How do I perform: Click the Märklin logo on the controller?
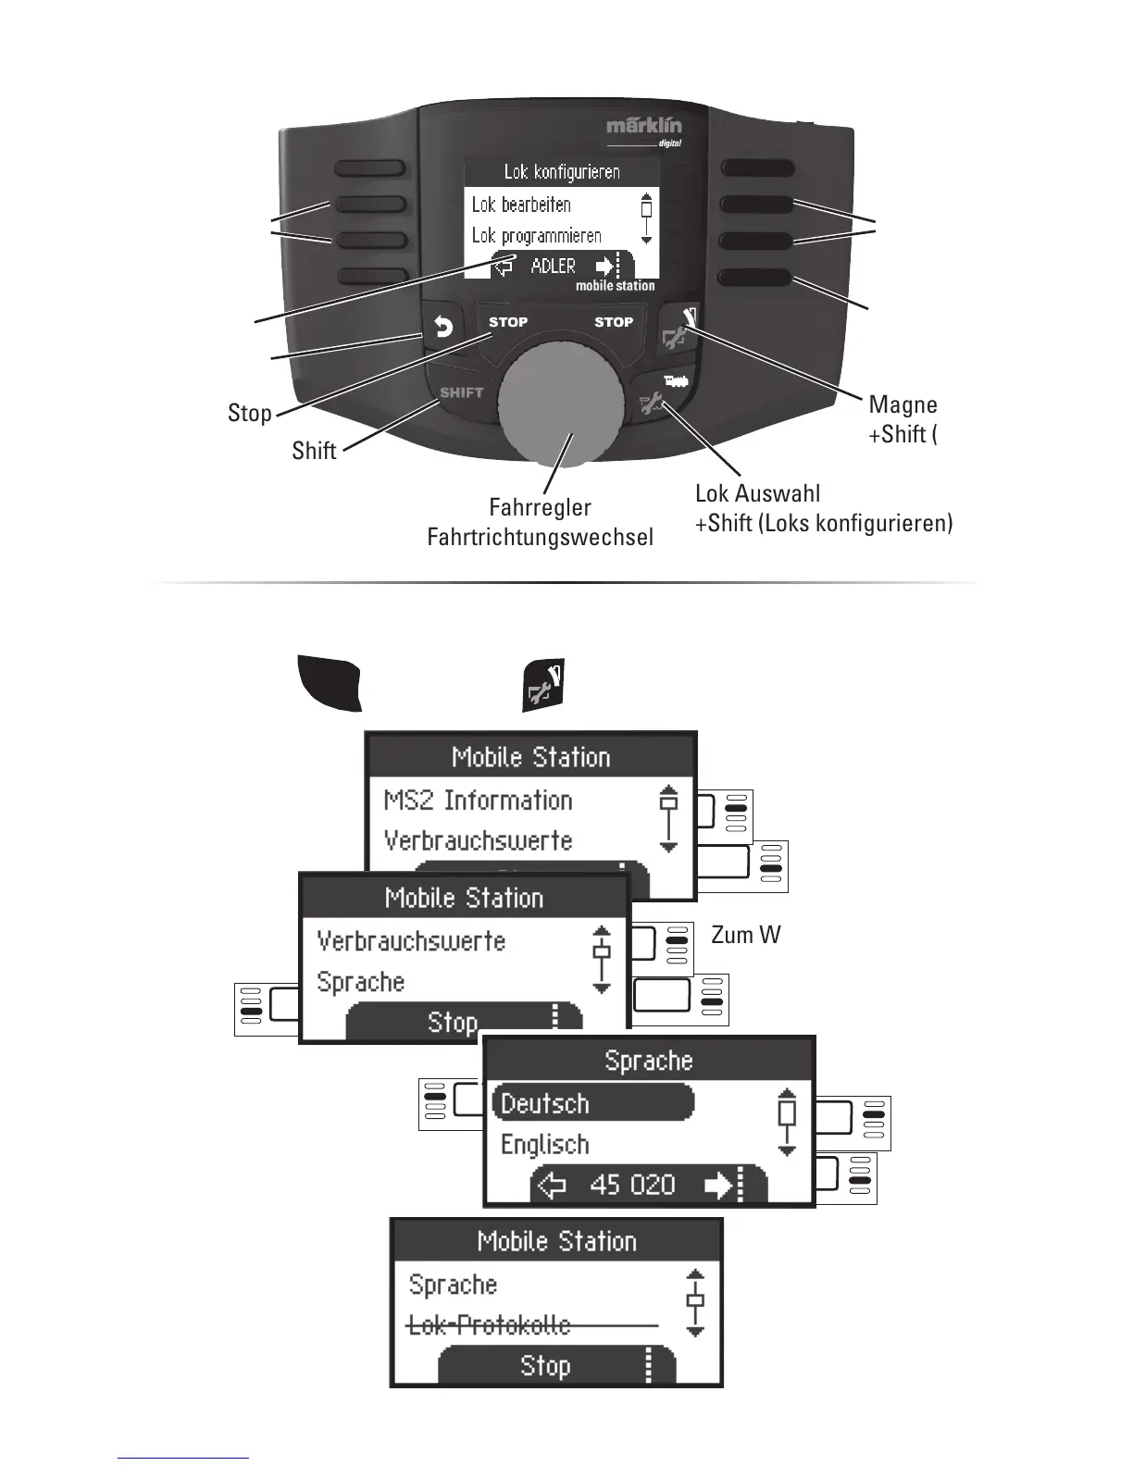click(644, 127)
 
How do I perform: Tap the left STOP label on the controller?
click(508, 322)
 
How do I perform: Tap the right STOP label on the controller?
click(613, 322)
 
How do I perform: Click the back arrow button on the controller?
click(444, 328)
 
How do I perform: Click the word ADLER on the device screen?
click(553, 267)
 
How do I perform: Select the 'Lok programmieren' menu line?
click(536, 236)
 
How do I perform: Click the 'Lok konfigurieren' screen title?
click(561, 171)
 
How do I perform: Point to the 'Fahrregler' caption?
click(540, 507)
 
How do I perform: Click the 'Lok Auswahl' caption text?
click(757, 493)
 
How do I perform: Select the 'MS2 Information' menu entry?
click(478, 801)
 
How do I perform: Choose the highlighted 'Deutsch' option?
click(545, 1103)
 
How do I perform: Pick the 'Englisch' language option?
click(544, 1145)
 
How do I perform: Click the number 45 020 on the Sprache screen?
click(632, 1186)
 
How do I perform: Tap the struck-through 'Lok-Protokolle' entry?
click(489, 1325)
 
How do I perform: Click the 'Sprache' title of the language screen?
click(648, 1061)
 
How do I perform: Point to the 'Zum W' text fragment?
click(745, 936)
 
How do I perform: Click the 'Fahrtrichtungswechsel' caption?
click(540, 537)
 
